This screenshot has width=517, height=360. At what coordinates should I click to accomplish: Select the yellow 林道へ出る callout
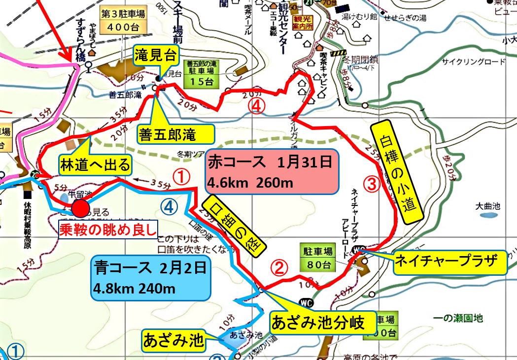tap(97, 164)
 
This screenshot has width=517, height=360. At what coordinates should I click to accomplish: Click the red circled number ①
tap(182, 176)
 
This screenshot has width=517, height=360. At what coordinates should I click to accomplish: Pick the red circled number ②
tap(278, 268)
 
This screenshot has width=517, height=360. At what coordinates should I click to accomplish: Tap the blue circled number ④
tap(168, 208)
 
